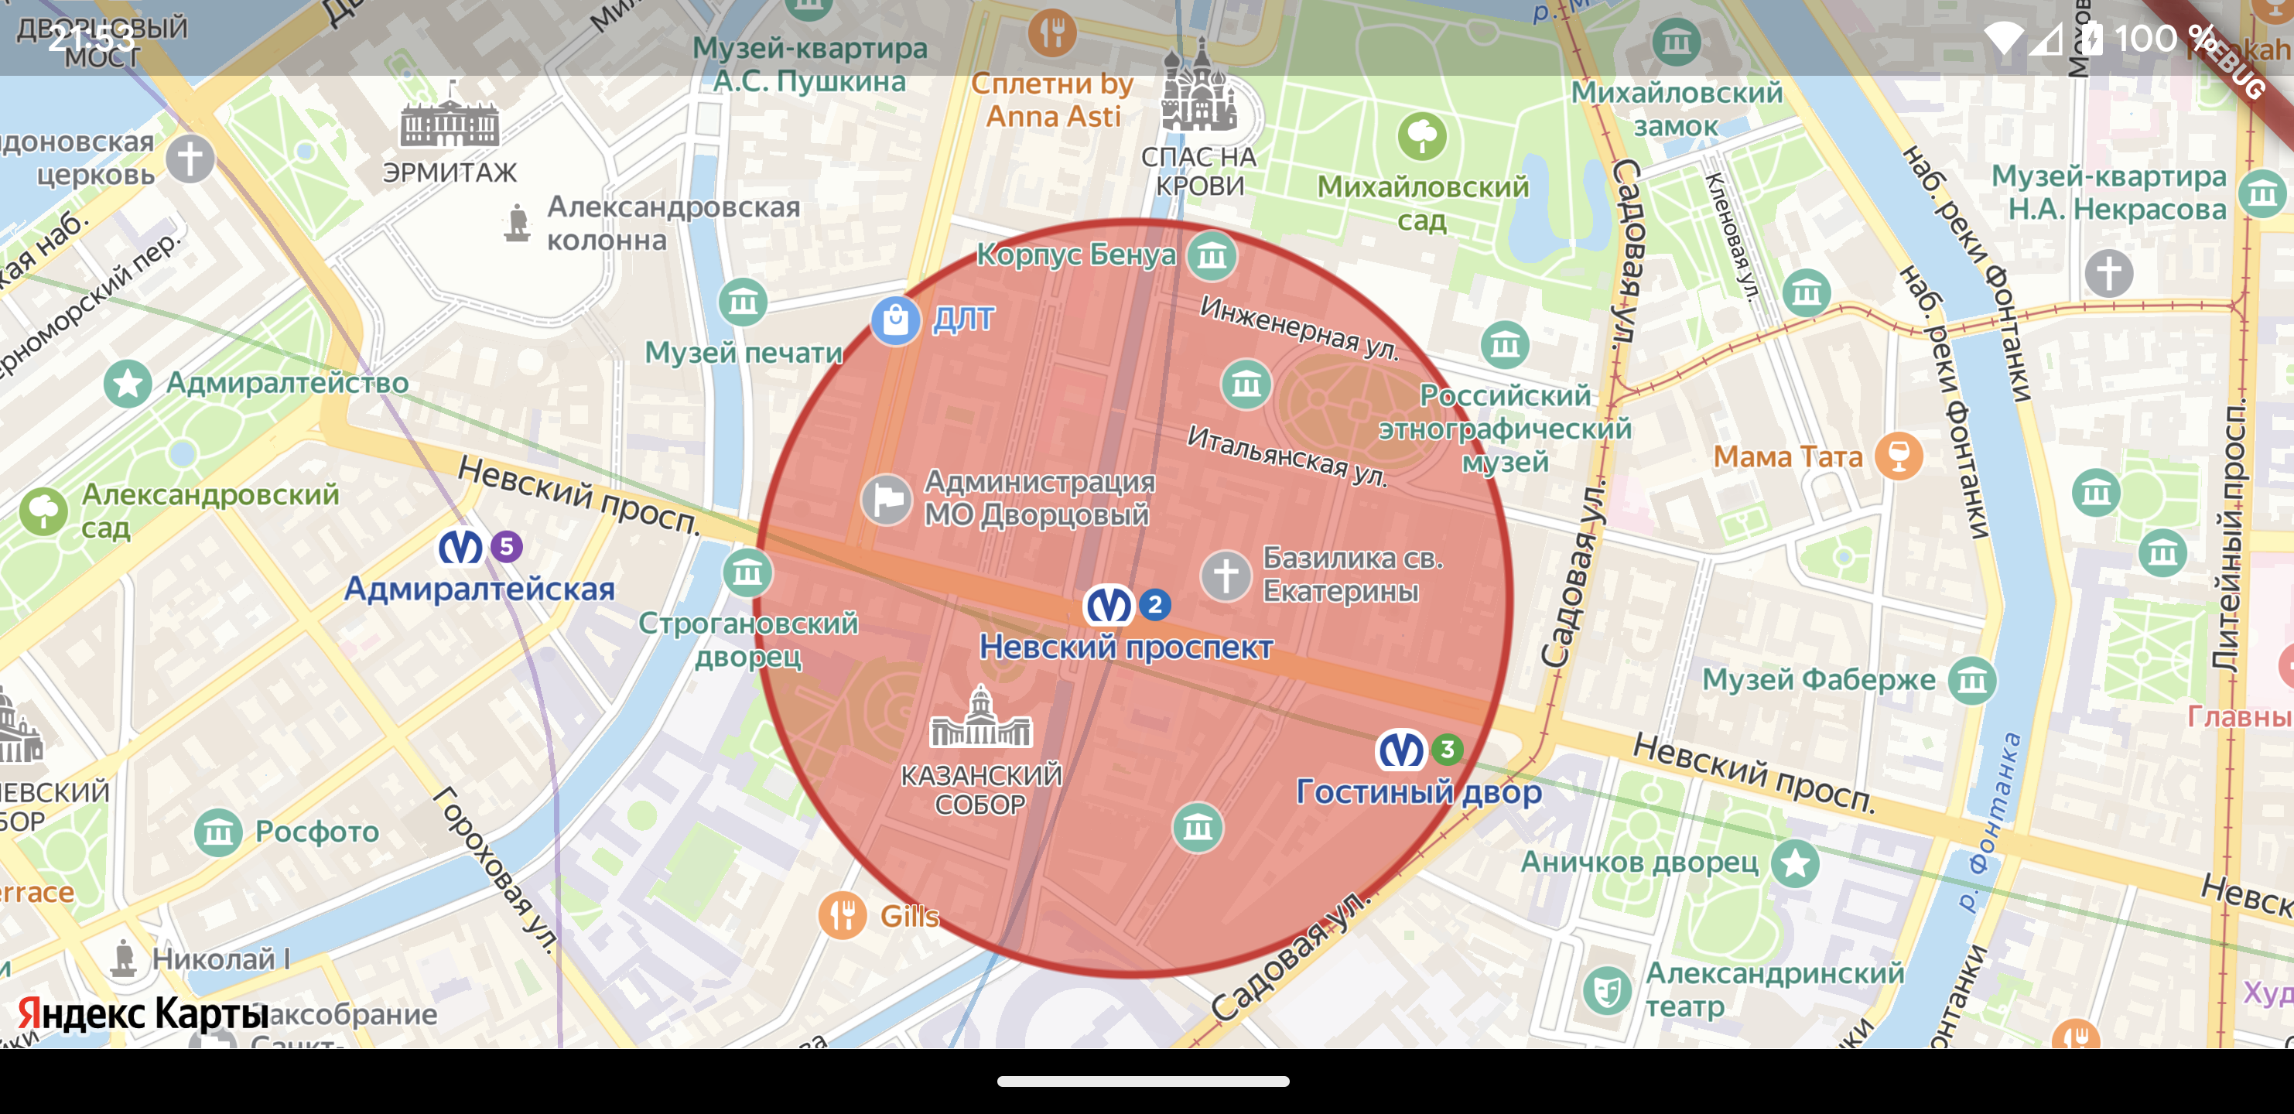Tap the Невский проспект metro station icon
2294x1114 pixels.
click(1109, 606)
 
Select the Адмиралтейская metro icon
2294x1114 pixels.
click(460, 547)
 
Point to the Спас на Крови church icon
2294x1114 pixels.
click(1198, 89)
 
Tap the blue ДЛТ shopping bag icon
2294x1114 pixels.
click(895, 320)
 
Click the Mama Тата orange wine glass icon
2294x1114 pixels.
click(1898, 456)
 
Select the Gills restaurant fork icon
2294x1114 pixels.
click(842, 914)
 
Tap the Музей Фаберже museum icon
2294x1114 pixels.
click(1971, 682)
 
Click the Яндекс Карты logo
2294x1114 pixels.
click(142, 1013)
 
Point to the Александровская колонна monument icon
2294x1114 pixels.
click(517, 223)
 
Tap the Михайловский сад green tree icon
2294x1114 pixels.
click(1421, 136)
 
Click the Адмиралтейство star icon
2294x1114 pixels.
click(128, 384)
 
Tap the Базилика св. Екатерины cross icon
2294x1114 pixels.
click(1226, 576)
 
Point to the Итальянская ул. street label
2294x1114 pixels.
click(1287, 455)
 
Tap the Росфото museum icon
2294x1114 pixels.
click(218, 832)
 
